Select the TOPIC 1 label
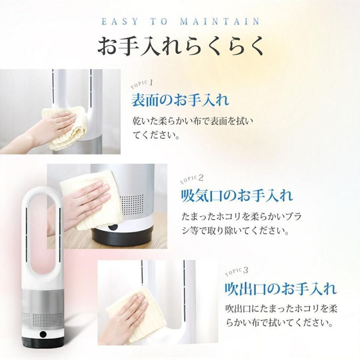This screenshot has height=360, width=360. click(142, 84)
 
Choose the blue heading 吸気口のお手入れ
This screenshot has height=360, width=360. click(237, 196)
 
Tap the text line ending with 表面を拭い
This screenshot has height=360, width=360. click(193, 120)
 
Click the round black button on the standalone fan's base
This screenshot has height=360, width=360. click(43, 335)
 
